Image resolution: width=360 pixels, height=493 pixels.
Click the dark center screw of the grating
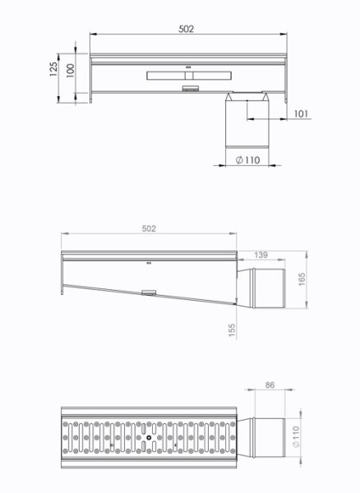pos(148,436)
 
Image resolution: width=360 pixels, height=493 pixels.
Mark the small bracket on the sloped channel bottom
pos(148,293)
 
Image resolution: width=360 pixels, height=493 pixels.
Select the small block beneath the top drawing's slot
pos(192,85)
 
